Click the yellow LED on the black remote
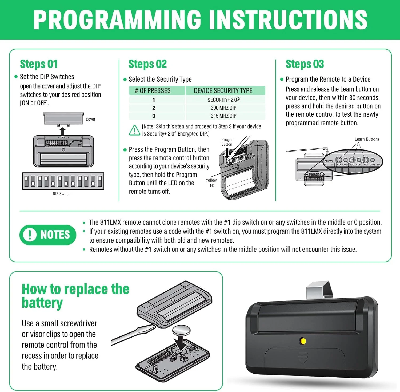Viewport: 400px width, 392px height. (x=303, y=341)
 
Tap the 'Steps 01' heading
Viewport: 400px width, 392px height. (x=39, y=64)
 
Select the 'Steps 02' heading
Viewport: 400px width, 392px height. (x=147, y=64)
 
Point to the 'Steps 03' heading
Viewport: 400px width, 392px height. (x=305, y=64)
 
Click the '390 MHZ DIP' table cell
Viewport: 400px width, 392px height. (x=223, y=108)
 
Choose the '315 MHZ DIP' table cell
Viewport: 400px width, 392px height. (x=223, y=116)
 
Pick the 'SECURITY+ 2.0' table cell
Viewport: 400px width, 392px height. (x=223, y=100)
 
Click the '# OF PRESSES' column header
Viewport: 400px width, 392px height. (x=153, y=91)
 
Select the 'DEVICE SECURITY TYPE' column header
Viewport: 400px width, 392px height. (x=223, y=91)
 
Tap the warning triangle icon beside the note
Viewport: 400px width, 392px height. (x=135, y=130)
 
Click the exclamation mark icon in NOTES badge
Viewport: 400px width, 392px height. (x=30, y=235)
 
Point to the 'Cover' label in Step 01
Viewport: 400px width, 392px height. (x=91, y=119)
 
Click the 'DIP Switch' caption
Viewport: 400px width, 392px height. (x=62, y=194)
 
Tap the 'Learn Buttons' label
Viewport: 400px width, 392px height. (x=367, y=139)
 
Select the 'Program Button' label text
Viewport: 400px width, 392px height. (x=229, y=142)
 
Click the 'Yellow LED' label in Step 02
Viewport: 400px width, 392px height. (x=211, y=183)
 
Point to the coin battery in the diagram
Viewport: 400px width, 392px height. (x=181, y=330)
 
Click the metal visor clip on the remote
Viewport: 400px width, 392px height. (x=320, y=289)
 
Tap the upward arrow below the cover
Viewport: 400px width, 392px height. (x=62, y=132)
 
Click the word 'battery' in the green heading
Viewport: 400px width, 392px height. (x=42, y=303)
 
